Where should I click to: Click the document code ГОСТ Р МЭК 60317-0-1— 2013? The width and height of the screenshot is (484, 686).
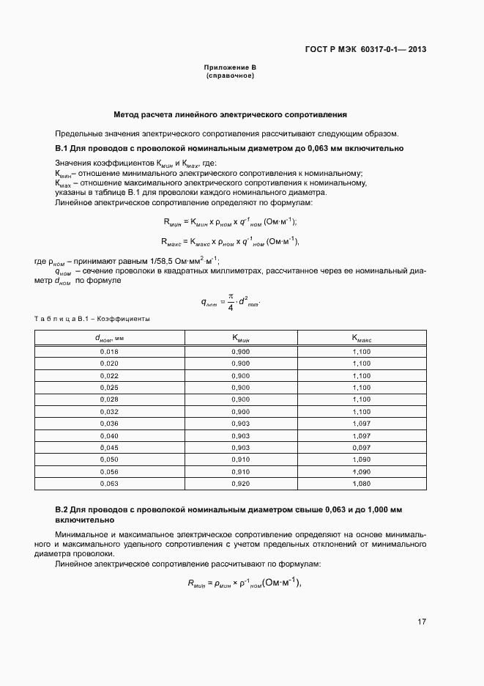point(365,51)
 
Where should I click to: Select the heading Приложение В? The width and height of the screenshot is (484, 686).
point(230,68)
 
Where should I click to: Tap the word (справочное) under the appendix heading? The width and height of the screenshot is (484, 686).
point(230,75)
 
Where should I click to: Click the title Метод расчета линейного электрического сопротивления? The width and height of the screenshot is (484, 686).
point(230,115)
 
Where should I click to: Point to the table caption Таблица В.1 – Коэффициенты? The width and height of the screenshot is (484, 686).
point(92,319)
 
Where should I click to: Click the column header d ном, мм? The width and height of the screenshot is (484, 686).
point(109,338)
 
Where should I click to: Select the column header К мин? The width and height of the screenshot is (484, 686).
point(241,338)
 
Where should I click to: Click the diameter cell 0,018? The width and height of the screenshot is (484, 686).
point(109,352)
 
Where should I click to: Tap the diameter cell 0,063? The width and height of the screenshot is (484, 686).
point(109,483)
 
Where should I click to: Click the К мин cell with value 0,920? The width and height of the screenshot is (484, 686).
point(241,483)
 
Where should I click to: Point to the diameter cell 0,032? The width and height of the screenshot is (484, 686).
point(109,411)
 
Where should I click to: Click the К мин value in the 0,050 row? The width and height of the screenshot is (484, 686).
point(241,459)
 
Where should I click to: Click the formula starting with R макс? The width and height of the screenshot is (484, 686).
point(230,241)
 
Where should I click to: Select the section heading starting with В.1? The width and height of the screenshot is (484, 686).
point(229,148)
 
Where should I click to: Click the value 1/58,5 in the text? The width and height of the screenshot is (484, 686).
point(156,261)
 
